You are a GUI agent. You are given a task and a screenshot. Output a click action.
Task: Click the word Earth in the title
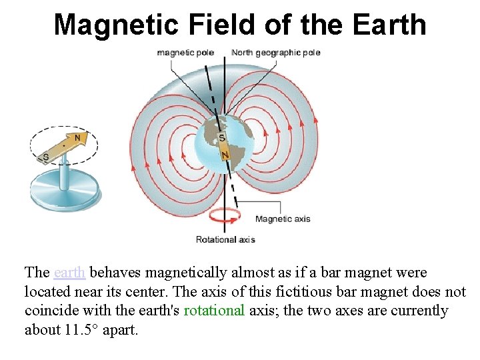click(x=390, y=25)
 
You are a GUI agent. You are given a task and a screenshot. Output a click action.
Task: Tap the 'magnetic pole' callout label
click(x=185, y=53)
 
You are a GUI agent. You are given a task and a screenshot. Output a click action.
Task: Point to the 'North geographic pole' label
click(x=276, y=53)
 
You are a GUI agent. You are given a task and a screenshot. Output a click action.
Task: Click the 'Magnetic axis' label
click(x=283, y=219)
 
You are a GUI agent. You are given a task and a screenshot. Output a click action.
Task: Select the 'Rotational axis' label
click(x=225, y=239)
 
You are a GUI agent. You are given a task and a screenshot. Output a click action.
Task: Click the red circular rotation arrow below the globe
click(x=224, y=217)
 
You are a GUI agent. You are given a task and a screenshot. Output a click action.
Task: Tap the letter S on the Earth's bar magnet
click(x=222, y=138)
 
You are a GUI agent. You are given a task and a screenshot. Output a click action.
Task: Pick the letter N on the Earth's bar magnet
click(x=225, y=155)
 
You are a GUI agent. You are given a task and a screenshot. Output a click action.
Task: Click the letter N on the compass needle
click(x=79, y=138)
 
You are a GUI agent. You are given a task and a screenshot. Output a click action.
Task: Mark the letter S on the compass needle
click(x=45, y=157)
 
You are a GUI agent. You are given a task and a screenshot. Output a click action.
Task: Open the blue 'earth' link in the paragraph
click(x=69, y=273)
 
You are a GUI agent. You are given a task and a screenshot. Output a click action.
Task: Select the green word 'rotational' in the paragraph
click(x=214, y=311)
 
